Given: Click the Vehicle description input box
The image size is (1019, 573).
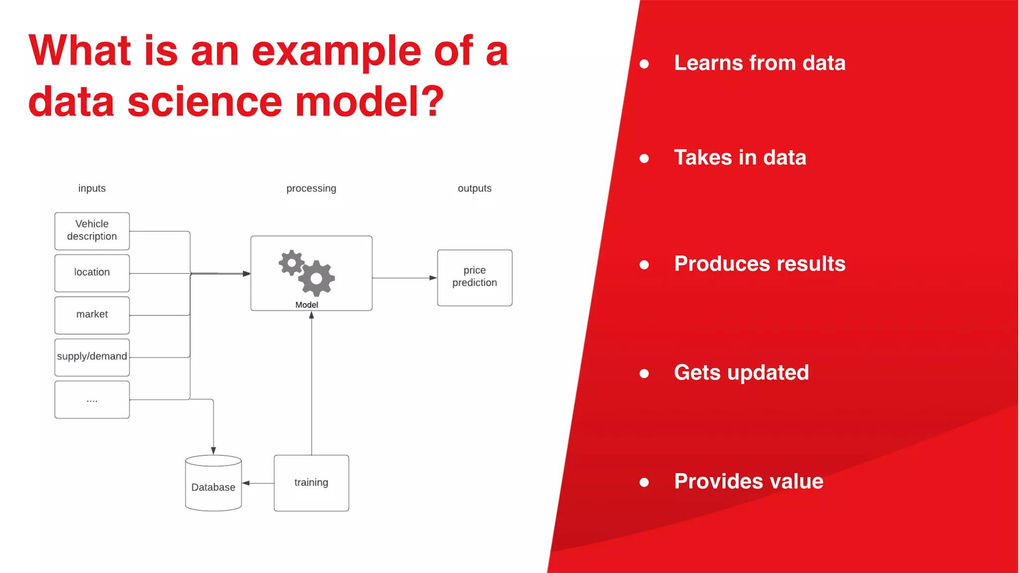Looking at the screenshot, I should pyautogui.click(x=92, y=231).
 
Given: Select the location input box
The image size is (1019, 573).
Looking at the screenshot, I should pyautogui.click(x=92, y=273).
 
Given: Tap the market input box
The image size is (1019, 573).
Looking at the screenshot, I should pyautogui.click(x=92, y=315).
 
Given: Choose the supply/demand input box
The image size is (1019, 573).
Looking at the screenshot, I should pyautogui.click(x=92, y=357).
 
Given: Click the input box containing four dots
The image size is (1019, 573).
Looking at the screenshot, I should pyautogui.click(x=92, y=399).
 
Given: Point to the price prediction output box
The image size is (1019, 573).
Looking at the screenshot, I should pyautogui.click(x=474, y=277).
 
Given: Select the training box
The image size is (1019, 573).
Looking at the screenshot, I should pyautogui.click(x=311, y=482).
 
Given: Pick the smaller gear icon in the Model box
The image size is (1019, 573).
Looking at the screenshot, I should pyautogui.click(x=291, y=262).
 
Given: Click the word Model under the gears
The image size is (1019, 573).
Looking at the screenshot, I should pyautogui.click(x=306, y=305).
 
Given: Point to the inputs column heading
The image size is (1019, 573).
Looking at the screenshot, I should pyautogui.click(x=92, y=189).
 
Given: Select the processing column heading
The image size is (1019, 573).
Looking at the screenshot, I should pyautogui.click(x=311, y=189).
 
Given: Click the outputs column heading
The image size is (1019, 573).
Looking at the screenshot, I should pyautogui.click(x=474, y=189).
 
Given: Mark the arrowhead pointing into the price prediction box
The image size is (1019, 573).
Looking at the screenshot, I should pyautogui.click(x=433, y=278).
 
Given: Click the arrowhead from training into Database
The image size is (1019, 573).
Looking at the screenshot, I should pyautogui.click(x=246, y=483).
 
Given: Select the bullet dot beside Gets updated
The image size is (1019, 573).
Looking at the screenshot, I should pyautogui.click(x=644, y=374).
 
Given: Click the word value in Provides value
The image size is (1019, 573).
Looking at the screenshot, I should pyautogui.click(x=796, y=481).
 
